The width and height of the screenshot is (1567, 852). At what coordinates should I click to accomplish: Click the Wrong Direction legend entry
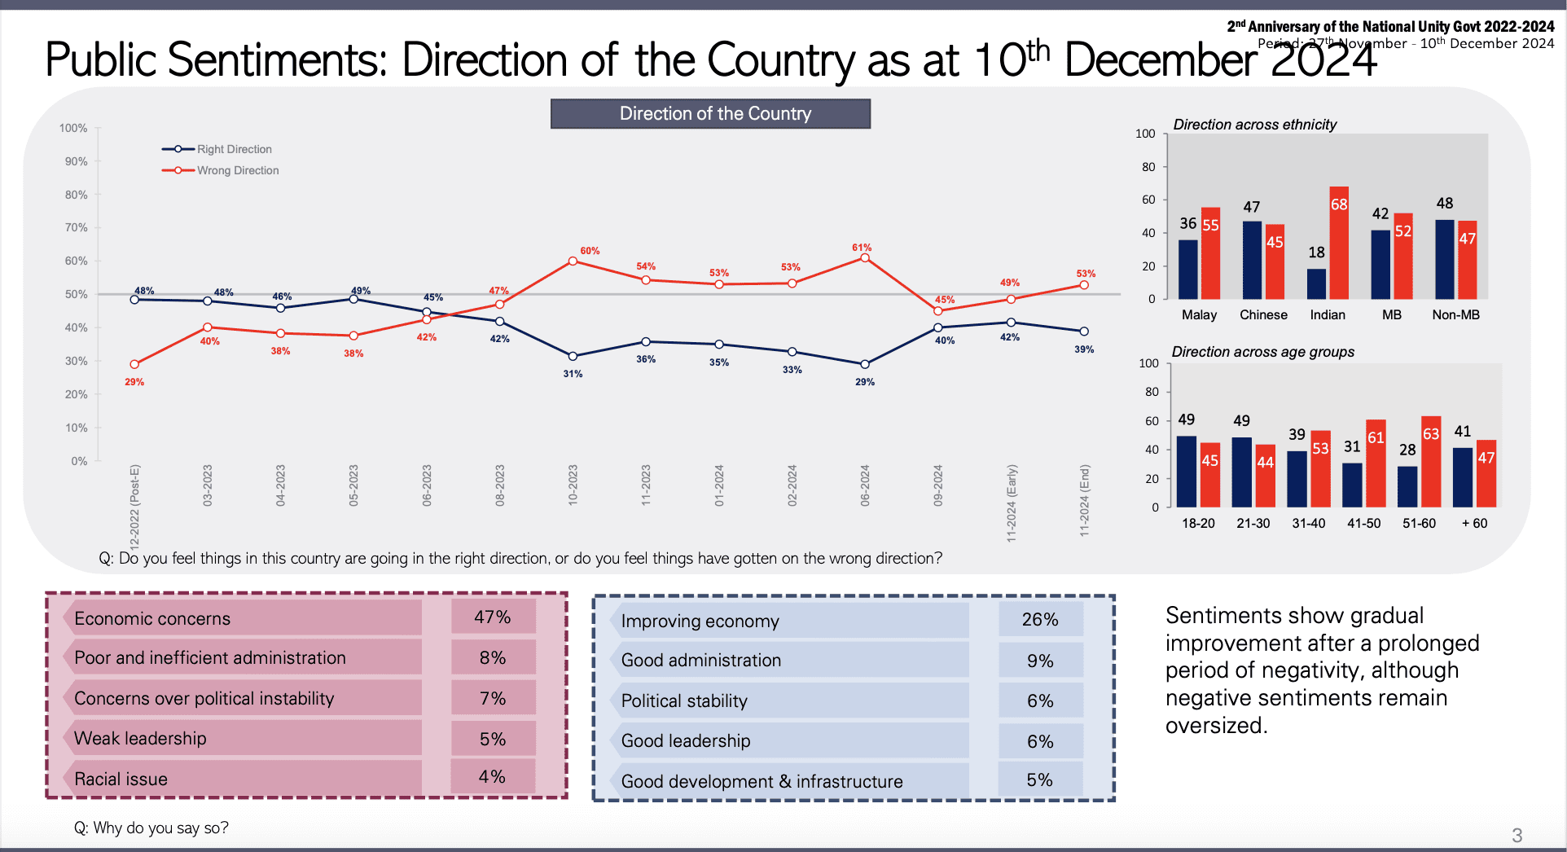coord(237,170)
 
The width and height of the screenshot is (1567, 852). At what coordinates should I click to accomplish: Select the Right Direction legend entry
coord(234,149)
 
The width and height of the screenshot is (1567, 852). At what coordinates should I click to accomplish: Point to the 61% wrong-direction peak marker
coord(864,258)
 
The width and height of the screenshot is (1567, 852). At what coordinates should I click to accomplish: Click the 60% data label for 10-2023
coord(590,251)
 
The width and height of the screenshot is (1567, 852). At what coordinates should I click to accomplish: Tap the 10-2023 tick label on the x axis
coord(573,485)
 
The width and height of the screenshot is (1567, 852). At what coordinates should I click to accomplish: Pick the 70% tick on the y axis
coord(77,228)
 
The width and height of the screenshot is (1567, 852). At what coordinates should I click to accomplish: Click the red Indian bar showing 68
coord(1339,243)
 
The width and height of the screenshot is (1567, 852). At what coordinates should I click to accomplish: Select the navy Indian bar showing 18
coord(1316,283)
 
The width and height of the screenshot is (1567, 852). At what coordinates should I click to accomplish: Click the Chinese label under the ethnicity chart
coord(1263,315)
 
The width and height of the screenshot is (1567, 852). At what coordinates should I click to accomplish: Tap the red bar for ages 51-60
coord(1431,462)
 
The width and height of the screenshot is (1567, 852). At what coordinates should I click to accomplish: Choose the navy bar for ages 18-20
coord(1187,471)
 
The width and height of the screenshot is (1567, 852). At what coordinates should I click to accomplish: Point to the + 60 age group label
coord(1474,524)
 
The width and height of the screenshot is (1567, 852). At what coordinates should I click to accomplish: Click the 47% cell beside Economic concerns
coord(493,617)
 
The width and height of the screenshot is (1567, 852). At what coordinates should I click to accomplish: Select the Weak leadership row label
coord(140,739)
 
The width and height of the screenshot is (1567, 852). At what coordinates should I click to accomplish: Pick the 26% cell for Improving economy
coord(1040,620)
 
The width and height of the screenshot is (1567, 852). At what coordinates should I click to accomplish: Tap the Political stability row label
coord(684,701)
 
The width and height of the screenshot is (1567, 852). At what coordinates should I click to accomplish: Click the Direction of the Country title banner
coord(710,114)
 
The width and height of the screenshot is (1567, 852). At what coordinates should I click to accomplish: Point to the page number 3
coord(1517,835)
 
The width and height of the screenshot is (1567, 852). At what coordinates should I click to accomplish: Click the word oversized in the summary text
coord(1215,726)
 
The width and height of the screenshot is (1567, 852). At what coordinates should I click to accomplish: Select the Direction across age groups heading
coord(1262,352)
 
